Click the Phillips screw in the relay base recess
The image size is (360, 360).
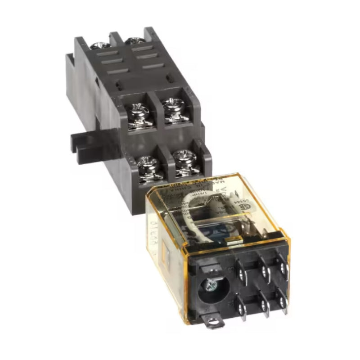(210, 285)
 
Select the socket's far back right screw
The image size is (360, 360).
(134, 41)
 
